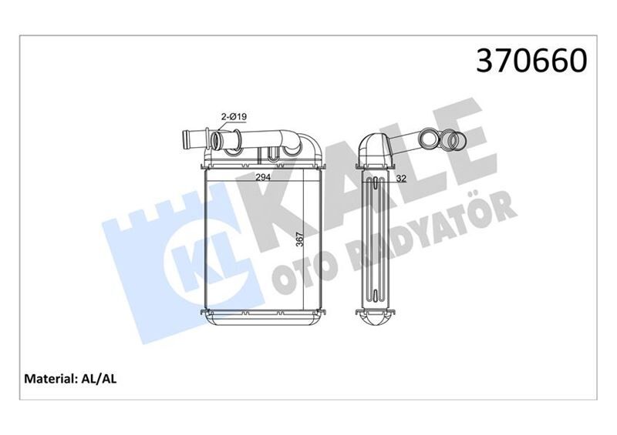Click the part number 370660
point(533,61)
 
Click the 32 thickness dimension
point(403,179)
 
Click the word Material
point(50,379)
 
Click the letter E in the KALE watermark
point(467,139)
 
